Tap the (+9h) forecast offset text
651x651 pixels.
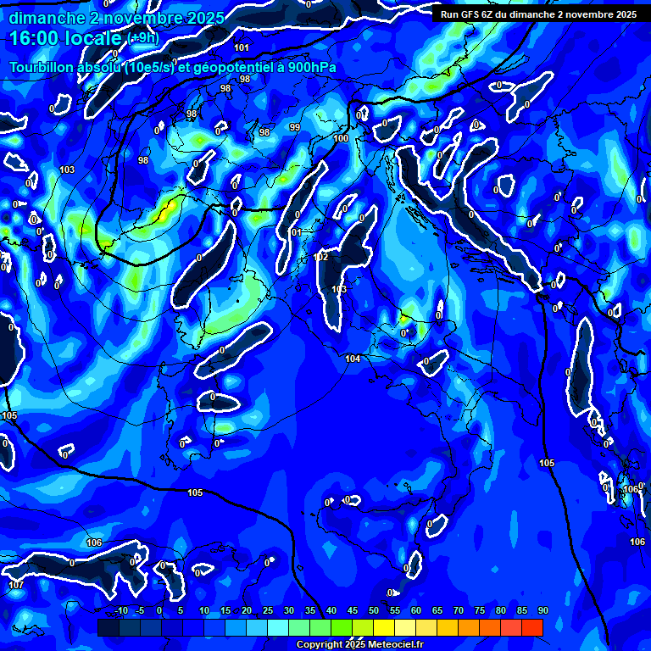point(143,39)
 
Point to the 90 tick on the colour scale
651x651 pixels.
point(543,611)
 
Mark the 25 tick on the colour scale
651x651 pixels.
point(268,611)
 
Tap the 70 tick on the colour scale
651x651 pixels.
point(459,611)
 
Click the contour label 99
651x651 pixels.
point(295,127)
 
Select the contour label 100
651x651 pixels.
point(341,138)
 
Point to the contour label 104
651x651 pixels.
point(353,359)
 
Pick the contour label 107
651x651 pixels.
point(16,585)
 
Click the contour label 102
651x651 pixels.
point(320,257)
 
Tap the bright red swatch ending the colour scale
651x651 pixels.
point(532,627)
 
